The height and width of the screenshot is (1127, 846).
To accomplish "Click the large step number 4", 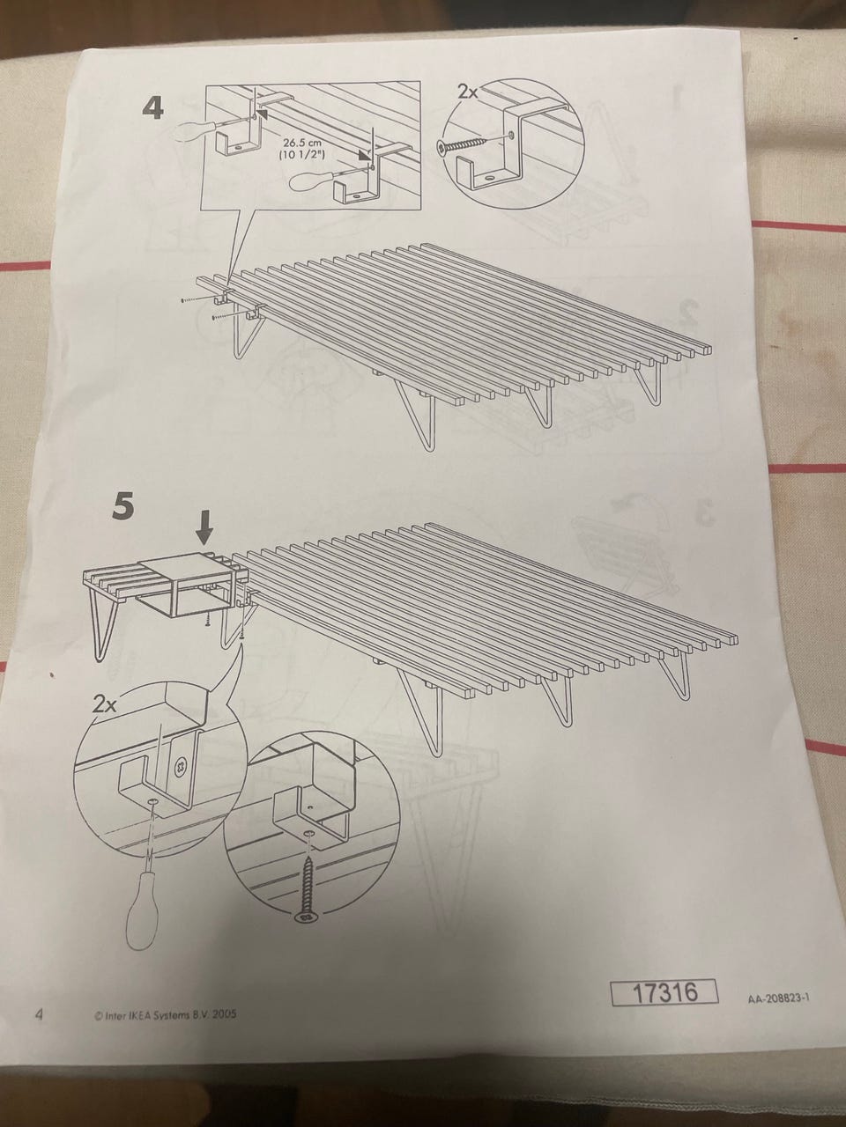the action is pos(152,109).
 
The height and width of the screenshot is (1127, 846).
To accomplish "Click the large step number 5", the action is pos(122,506).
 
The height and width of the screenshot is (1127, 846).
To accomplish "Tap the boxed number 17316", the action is pos(664,992).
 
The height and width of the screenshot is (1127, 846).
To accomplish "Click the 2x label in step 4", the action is pos(467,92).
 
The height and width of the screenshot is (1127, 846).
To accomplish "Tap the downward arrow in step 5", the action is pos(204,529).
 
